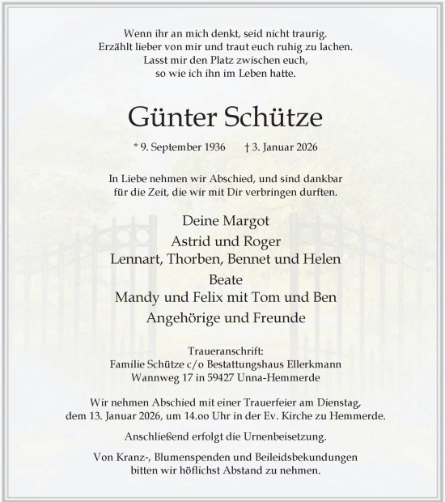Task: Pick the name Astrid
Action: (191, 240)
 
